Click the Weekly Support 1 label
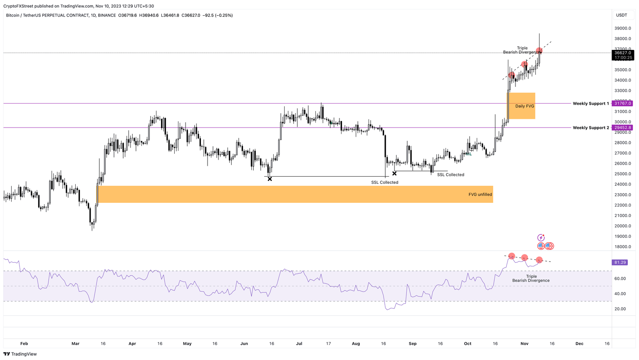pos(590,104)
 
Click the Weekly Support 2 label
pos(590,128)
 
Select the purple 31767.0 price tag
pos(622,104)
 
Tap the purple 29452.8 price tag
pos(622,128)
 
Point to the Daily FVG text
pos(525,106)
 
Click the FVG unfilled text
pos(480,195)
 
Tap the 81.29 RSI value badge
pos(620,262)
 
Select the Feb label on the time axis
pos(24,344)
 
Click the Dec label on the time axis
pos(579,344)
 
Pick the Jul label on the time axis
pos(299,344)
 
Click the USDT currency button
pos(622,15)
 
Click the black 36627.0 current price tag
pos(622,53)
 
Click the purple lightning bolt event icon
pos(541,238)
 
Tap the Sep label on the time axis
pos(412,344)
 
